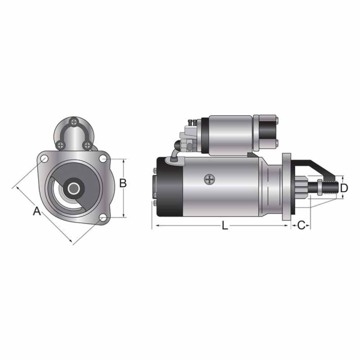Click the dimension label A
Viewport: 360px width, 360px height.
tap(37, 211)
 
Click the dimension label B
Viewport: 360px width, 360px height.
tap(123, 183)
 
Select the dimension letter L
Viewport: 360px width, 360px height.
tap(225, 225)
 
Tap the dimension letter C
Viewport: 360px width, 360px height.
tap(302, 225)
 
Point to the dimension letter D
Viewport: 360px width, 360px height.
tap(344, 188)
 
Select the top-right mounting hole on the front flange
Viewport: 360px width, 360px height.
tap(102, 158)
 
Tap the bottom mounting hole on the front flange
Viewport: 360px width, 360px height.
tap(103, 218)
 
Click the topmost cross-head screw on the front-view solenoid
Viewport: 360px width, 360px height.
tap(75, 122)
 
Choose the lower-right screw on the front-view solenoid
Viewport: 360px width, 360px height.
tap(87, 145)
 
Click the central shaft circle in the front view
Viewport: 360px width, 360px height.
tap(74, 188)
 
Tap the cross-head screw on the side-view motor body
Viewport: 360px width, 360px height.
tap(208, 179)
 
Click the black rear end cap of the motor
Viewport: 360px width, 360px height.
tap(170, 188)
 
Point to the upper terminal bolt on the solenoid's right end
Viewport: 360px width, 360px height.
tap(276, 121)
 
